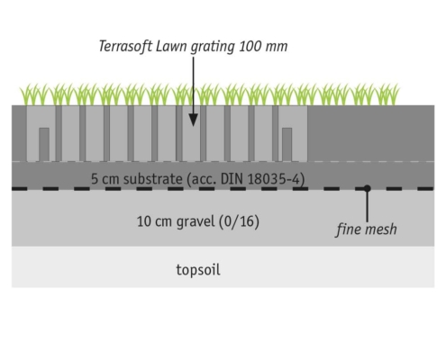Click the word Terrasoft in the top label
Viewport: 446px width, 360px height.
pyautogui.click(x=125, y=47)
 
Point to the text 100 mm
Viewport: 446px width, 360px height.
pyautogui.click(x=263, y=47)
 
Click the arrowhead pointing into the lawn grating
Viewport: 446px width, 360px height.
pyautogui.click(x=193, y=120)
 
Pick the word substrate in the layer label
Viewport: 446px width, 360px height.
pyautogui.click(x=152, y=179)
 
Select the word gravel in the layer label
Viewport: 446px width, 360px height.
pyautogui.click(x=196, y=222)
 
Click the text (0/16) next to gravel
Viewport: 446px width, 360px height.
pyautogui.click(x=239, y=222)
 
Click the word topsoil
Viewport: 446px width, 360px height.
pyautogui.click(x=198, y=270)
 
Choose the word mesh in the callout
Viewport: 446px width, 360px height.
pyautogui.click(x=381, y=229)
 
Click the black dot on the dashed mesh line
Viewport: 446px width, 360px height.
pyautogui.click(x=367, y=188)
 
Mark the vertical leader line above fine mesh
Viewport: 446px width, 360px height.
pyautogui.click(x=367, y=206)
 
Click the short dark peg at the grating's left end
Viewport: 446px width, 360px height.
pyautogui.click(x=44, y=145)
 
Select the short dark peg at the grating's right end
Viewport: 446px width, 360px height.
pyautogui.click(x=287, y=145)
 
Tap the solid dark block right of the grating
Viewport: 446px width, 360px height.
pyautogui.click(x=371, y=133)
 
